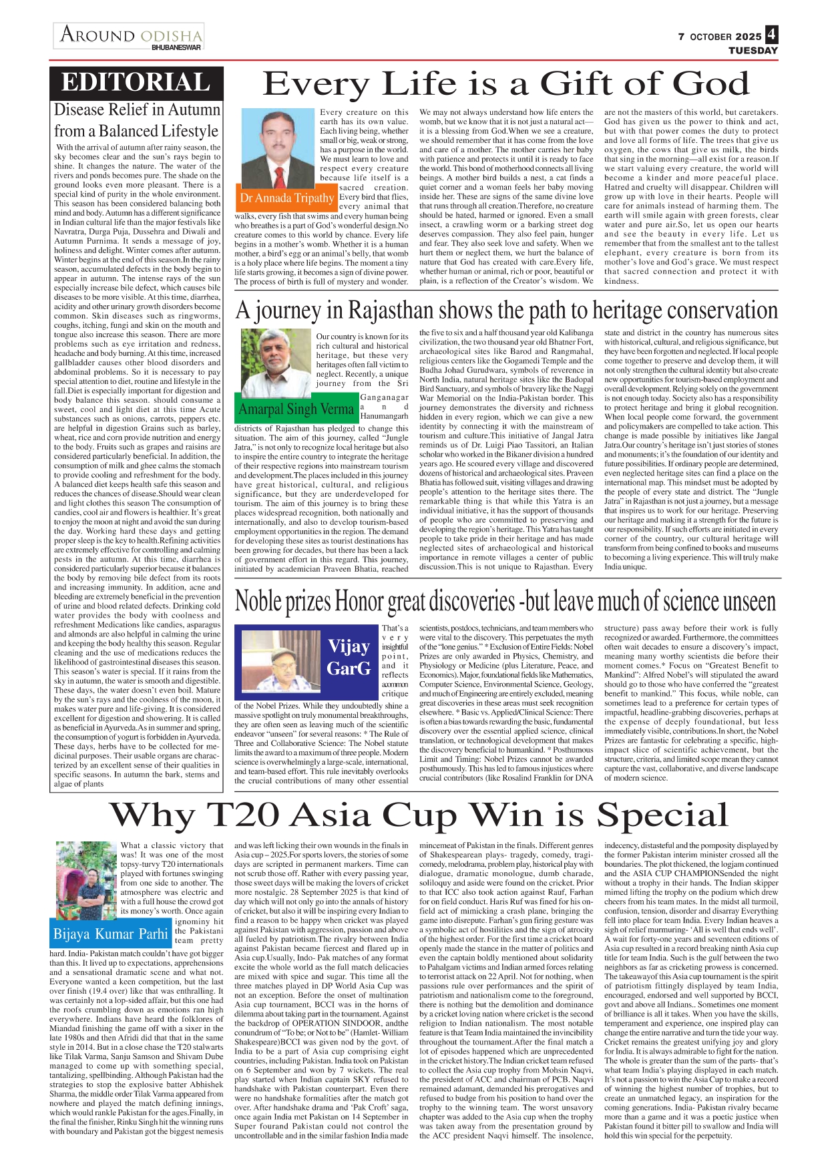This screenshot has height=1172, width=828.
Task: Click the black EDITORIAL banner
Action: click(136, 83)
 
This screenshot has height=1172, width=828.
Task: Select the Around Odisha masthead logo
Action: click(130, 35)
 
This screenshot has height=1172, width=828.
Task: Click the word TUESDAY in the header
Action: click(753, 51)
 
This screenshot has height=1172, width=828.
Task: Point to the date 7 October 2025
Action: click(719, 37)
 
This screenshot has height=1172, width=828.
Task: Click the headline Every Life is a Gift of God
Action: click(506, 84)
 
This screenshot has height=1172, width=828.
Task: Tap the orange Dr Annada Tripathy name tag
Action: click(286, 198)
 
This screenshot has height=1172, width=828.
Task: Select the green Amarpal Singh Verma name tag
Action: click(296, 409)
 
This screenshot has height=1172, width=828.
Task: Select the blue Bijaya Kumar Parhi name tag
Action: click(110, 934)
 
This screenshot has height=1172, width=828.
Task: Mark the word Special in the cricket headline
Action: click(662, 815)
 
